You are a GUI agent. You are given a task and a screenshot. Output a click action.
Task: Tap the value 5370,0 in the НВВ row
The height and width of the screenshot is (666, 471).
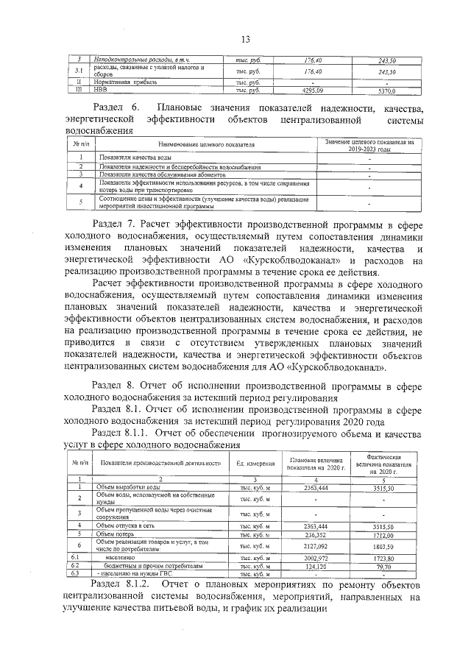386,91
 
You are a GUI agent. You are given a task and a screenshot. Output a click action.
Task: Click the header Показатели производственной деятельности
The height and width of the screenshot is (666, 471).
161,463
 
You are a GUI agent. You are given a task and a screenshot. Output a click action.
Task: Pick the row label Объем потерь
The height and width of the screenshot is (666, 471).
117,534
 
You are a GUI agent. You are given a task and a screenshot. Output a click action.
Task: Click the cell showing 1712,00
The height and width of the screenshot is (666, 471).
386,534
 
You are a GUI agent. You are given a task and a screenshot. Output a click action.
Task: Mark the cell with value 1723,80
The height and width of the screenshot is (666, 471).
386,559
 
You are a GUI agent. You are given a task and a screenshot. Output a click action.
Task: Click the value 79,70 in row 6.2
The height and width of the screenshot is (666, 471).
386,566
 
